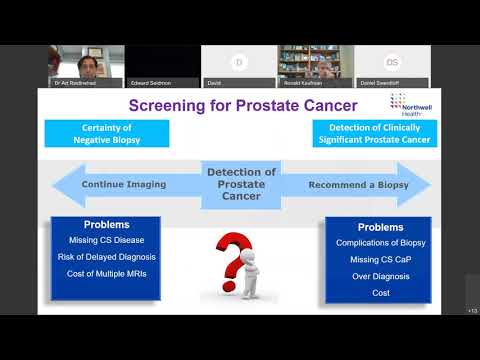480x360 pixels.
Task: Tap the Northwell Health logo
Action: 405,105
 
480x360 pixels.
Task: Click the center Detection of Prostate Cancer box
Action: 241,185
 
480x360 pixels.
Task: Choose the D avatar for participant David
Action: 239,62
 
